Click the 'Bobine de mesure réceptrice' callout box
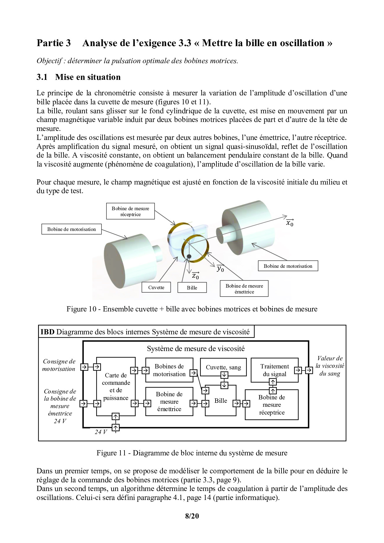pyautogui.click(x=130, y=211)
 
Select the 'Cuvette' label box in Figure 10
pyautogui.click(x=156, y=287)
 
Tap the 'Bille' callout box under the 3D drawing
pyautogui.click(x=192, y=288)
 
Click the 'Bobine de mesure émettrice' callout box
pyautogui.click(x=244, y=289)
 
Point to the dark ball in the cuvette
pyautogui.click(x=189, y=256)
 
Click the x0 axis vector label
pyautogui.click(x=290, y=222)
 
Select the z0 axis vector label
pyautogui.click(x=195, y=275)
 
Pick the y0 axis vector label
pyautogui.click(x=220, y=268)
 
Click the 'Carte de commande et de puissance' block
pyautogui.click(x=116, y=386)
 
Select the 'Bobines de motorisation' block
pyautogui.click(x=169, y=370)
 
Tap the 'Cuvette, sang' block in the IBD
pyautogui.click(x=223, y=367)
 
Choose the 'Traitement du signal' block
pyautogui.click(x=274, y=370)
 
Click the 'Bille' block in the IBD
pyautogui.click(x=221, y=401)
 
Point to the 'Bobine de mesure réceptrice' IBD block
pyautogui.click(x=272, y=405)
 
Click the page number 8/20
pyautogui.click(x=192, y=516)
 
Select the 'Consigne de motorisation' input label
pyautogui.click(x=59, y=365)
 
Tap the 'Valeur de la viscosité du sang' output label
pyautogui.click(x=330, y=366)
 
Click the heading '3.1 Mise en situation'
pyautogui.click(x=79, y=77)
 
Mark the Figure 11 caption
pyautogui.click(x=192, y=453)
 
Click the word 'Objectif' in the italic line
pyautogui.click(x=49, y=61)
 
